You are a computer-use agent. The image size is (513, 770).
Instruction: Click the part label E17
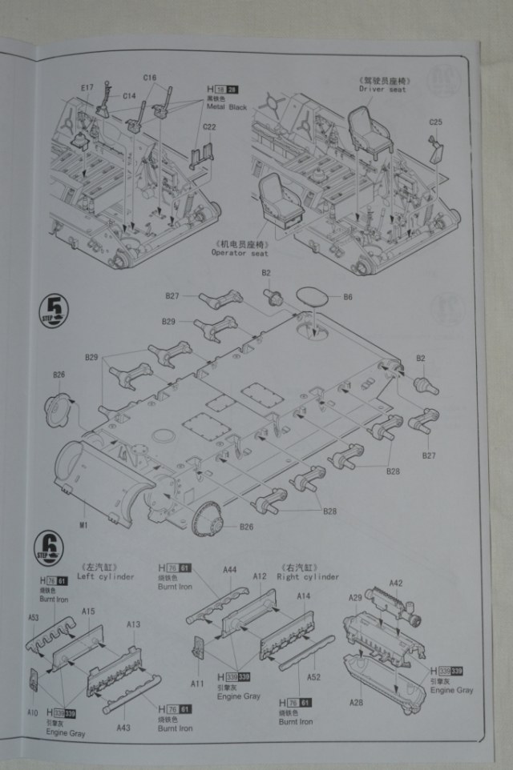[87, 87]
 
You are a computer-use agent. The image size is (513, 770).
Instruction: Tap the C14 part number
[129, 96]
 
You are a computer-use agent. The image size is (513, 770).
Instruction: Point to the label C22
[210, 127]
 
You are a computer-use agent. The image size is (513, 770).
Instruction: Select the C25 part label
[435, 122]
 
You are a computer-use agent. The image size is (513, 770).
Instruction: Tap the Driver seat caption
[382, 90]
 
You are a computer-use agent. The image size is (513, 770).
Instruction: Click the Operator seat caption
[240, 253]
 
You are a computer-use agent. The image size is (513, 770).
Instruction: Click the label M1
[83, 524]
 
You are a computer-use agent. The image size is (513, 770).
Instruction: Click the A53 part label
[34, 618]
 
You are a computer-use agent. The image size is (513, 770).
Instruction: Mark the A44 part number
[229, 570]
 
